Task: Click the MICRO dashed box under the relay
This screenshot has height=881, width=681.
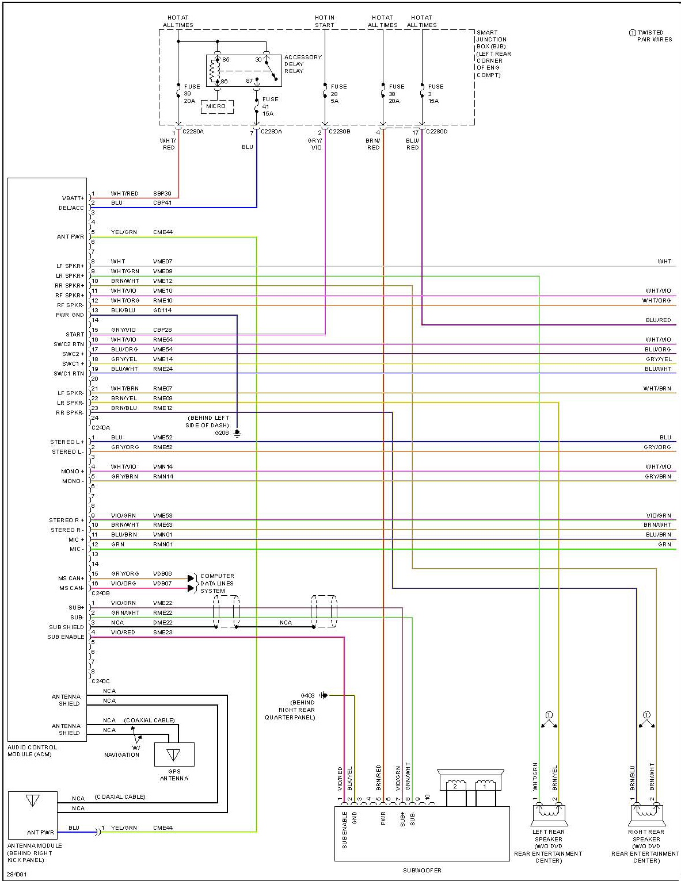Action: coord(217,106)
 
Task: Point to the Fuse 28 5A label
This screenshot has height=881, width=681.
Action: coord(338,94)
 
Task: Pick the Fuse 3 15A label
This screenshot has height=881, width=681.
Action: coord(436,94)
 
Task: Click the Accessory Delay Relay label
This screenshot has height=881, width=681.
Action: coord(303,64)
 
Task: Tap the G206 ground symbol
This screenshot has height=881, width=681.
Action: coord(237,433)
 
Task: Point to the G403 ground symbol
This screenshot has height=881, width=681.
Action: coord(324,695)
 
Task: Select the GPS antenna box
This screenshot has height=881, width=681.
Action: coord(174,754)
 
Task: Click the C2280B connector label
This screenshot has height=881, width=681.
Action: coord(339,131)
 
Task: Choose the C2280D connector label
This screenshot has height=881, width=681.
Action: coord(437,131)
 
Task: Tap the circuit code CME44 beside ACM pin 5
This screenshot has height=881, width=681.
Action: coord(163,232)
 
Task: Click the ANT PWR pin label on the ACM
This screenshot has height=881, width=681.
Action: coord(70,236)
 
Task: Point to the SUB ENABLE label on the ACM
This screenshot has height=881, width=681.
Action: coord(66,637)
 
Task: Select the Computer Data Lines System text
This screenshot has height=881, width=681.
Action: coord(217,583)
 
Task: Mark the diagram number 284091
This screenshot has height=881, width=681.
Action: coord(17,874)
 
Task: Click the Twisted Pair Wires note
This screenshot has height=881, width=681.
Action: coord(651,36)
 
